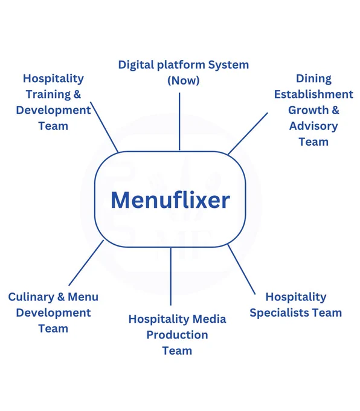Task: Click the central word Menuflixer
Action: tap(170, 200)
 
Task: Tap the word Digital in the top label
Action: tap(136, 65)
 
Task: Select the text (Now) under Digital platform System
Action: tap(184, 80)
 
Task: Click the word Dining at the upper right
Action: tap(313, 79)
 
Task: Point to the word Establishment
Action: tap(313, 94)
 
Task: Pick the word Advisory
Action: tap(313, 126)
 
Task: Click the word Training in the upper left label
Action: tap(48, 95)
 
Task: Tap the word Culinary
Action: tap(31, 297)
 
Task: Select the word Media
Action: tap(209, 319)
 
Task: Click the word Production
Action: tap(177, 335)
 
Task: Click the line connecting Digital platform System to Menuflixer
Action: tap(179, 121)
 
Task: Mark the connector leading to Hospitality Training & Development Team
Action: tap(104, 127)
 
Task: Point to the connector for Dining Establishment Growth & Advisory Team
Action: tap(248, 134)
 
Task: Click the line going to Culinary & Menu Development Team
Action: tap(86, 263)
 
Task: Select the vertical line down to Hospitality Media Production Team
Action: tap(171, 276)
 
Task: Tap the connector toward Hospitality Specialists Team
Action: tap(242, 269)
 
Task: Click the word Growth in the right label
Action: tap(308, 111)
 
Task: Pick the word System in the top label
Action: tap(228, 65)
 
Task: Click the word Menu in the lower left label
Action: tap(83, 297)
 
